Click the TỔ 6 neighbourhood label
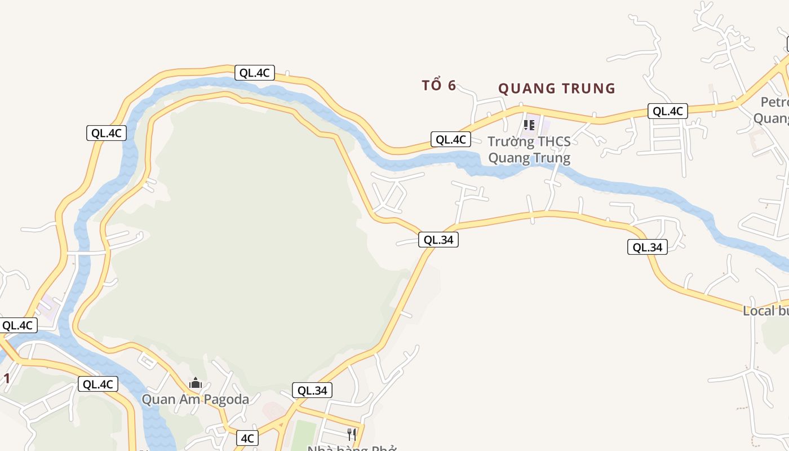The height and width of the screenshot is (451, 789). click(x=438, y=86)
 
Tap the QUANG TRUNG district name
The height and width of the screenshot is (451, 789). click(x=556, y=89)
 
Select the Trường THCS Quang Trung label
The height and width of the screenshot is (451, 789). click(x=529, y=150)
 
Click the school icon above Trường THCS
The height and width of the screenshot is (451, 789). click(x=529, y=125)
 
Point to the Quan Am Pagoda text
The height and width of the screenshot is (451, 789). click(x=195, y=400)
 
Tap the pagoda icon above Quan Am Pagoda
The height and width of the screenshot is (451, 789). click(x=196, y=383)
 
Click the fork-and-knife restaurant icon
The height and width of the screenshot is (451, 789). click(x=352, y=434)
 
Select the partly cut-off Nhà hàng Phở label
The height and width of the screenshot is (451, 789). click(x=352, y=448)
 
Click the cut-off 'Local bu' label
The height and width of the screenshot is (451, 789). click(x=765, y=311)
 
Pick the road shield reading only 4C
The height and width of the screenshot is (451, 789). click(x=247, y=438)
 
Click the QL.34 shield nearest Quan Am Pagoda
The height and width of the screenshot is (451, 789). click(x=312, y=390)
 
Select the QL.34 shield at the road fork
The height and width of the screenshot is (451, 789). click(x=438, y=240)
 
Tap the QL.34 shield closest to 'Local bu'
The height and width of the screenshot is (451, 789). click(x=647, y=247)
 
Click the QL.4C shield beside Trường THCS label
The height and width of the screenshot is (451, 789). click(x=451, y=139)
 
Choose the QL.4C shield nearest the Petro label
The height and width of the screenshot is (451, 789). click(x=667, y=111)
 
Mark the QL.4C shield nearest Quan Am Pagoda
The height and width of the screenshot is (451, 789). click(x=98, y=384)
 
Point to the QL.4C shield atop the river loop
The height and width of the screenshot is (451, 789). click(x=255, y=73)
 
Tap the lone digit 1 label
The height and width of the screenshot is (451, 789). click(x=7, y=379)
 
